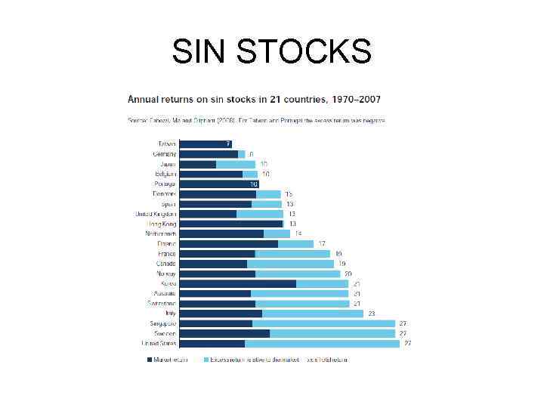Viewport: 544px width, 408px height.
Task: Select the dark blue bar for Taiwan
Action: [206, 144]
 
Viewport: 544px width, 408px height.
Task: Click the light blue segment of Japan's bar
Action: [236, 164]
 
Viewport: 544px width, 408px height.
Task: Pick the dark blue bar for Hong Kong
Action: [231, 224]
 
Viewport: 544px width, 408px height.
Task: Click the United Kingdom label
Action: [155, 214]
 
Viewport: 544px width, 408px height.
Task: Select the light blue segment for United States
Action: [322, 343]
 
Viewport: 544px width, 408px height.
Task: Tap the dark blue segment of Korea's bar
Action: [238, 283]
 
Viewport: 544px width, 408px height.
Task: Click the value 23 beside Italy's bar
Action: [371, 314]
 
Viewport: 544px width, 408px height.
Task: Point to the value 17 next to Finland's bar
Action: [322, 244]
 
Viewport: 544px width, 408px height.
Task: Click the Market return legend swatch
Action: [150, 360]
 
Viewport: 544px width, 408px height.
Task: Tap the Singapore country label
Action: [162, 323]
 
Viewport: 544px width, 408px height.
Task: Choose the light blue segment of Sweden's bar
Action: [332, 333]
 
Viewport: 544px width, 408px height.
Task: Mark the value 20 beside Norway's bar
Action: [348, 274]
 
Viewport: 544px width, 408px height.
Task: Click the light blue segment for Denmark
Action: [268, 194]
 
